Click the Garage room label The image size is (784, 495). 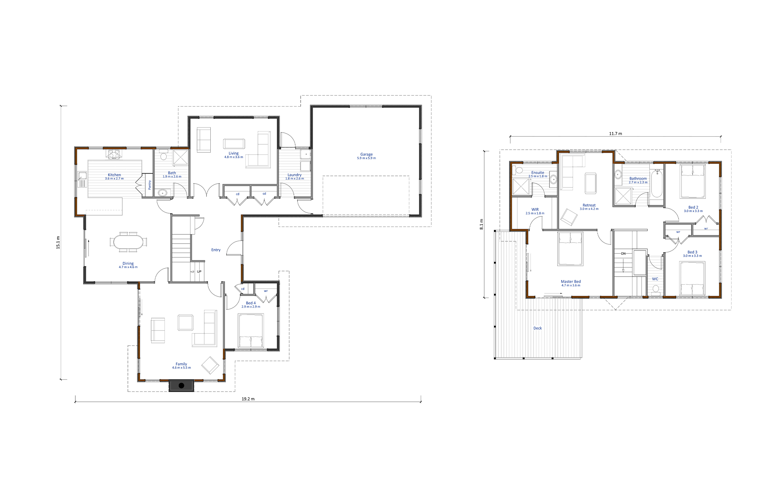(x=366, y=154)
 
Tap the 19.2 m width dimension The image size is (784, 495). (x=248, y=399)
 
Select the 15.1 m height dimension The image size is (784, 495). (x=58, y=242)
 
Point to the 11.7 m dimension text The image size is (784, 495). (x=615, y=133)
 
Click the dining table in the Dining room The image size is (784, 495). (x=128, y=242)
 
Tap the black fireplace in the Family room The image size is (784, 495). (x=181, y=385)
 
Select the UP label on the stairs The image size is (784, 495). (x=199, y=272)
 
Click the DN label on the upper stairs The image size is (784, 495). (x=623, y=254)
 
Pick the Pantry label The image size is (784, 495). (x=150, y=185)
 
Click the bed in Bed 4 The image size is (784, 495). (x=251, y=331)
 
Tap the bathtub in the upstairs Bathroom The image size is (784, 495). (x=656, y=184)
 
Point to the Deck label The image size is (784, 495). (x=537, y=328)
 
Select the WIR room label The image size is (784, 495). (x=535, y=210)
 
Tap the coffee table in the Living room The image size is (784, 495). (x=234, y=144)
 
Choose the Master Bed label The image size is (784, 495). (x=571, y=282)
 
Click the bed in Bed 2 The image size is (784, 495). (x=693, y=181)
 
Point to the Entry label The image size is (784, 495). (x=216, y=250)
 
